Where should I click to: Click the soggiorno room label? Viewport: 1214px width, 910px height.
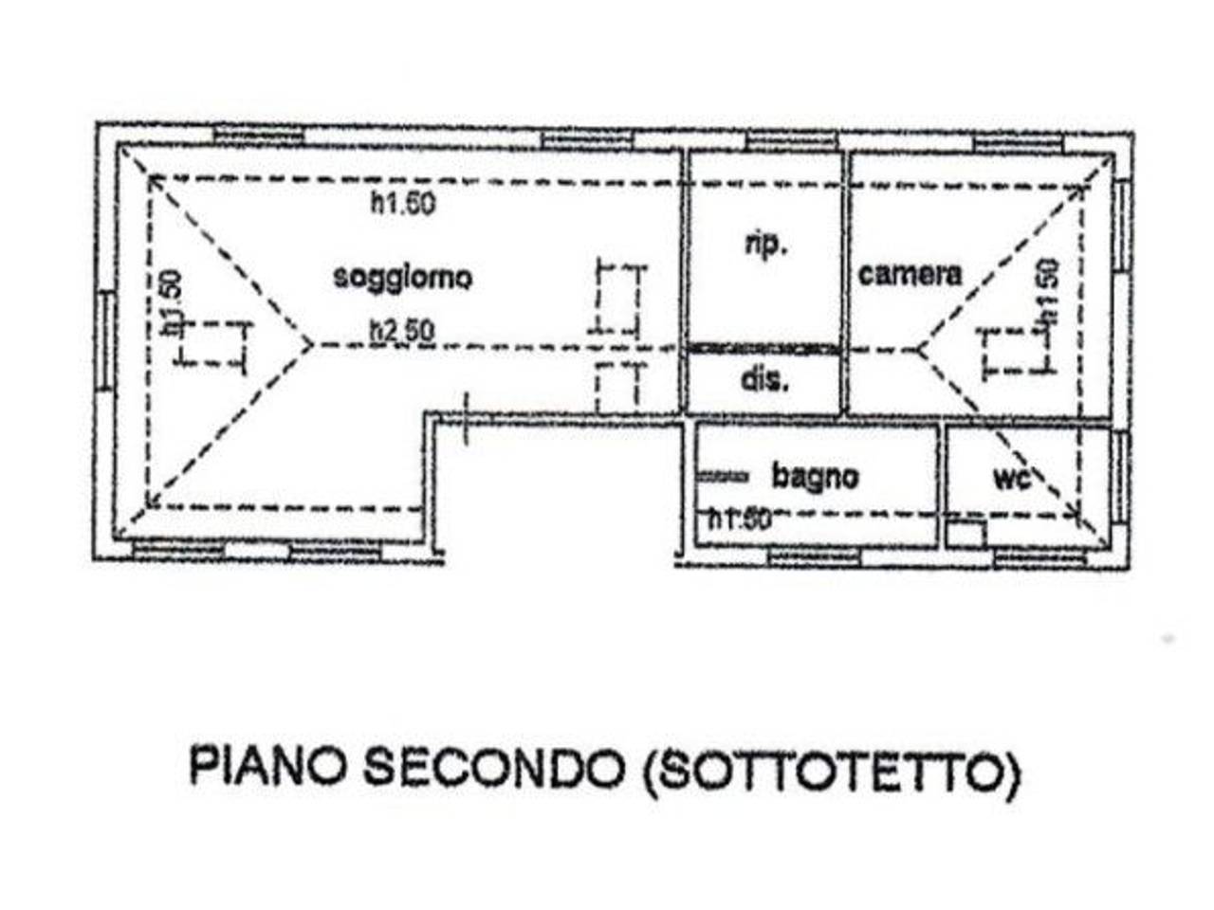click(402, 278)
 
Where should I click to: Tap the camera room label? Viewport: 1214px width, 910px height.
click(910, 275)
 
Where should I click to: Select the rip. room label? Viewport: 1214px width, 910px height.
click(764, 245)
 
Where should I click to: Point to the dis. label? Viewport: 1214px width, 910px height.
click(764, 381)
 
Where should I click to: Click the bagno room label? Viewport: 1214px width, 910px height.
click(815, 476)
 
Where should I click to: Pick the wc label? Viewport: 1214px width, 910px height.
click(1012, 478)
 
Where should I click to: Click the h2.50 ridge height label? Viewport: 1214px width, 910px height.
click(402, 331)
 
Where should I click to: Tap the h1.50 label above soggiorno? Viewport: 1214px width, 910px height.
click(403, 203)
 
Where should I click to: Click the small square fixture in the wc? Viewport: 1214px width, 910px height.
click(966, 534)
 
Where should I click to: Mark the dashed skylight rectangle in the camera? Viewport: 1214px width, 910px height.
click(1017, 353)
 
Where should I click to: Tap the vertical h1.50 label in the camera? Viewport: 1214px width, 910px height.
click(1047, 295)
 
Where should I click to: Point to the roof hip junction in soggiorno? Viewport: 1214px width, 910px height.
click(310, 345)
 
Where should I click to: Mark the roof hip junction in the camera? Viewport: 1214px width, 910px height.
click(918, 349)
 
